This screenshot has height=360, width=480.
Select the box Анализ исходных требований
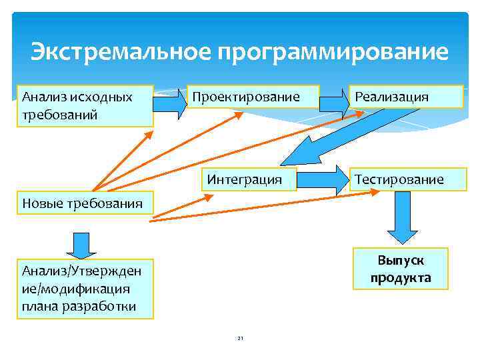click(x=85, y=105)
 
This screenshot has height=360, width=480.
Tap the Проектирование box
click(x=253, y=97)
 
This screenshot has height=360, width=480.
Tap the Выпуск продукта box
click(x=401, y=269)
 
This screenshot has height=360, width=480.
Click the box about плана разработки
click(x=85, y=289)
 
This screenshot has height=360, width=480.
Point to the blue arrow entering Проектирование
click(x=171, y=105)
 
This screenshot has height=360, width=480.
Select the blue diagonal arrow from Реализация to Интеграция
click(x=320, y=143)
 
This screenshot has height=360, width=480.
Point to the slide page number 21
click(x=241, y=339)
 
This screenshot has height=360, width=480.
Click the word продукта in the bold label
click(x=401, y=277)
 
